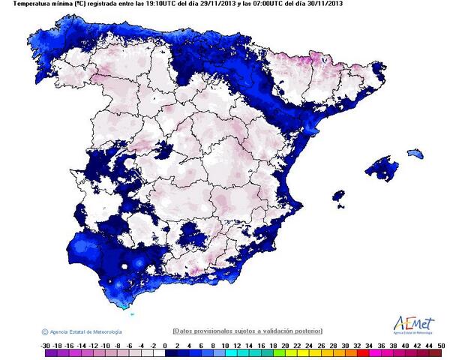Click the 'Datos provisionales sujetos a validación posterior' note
pos(247,331)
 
